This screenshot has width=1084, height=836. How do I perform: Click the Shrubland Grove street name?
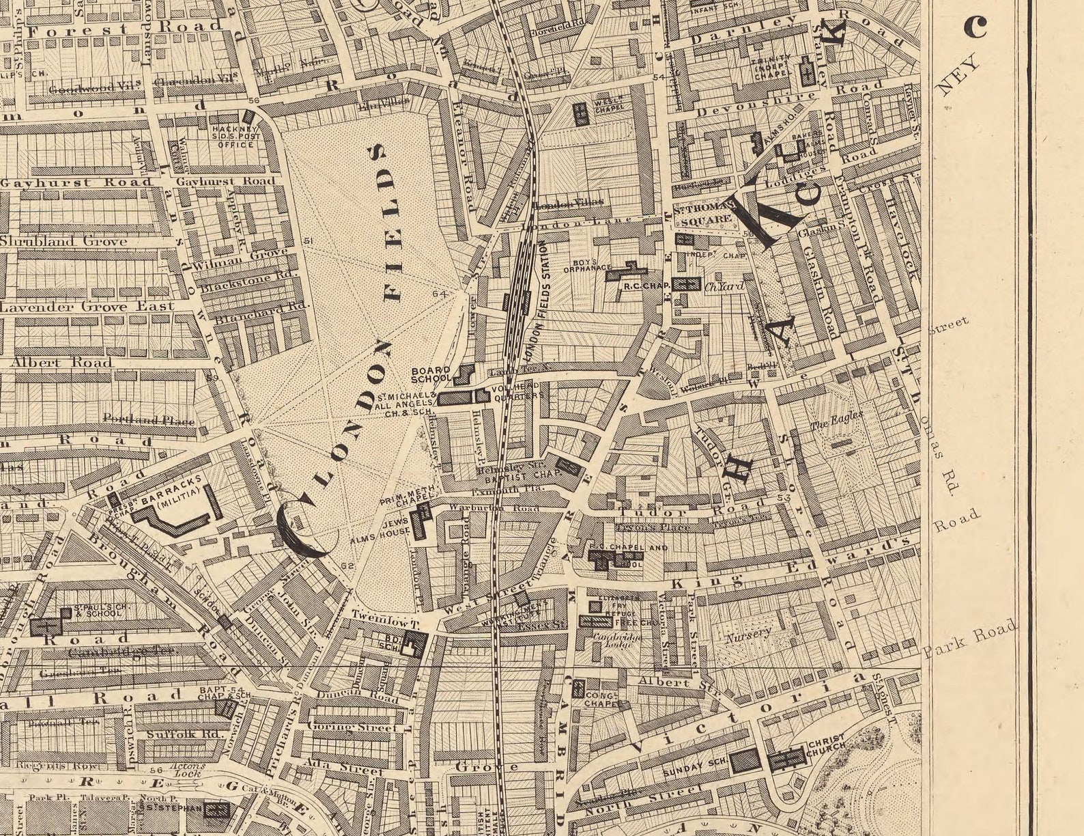point(63,241)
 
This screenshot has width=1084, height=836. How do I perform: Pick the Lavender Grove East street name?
point(87,307)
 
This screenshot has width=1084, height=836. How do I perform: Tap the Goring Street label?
point(352,727)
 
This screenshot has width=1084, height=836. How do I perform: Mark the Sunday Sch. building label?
point(696,769)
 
